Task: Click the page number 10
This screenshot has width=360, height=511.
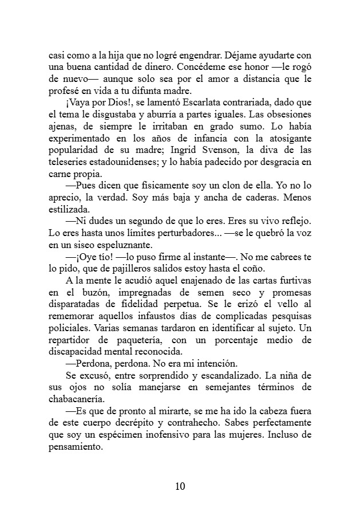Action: (x=180, y=486)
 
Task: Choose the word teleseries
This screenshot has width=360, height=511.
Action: (x=70, y=163)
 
